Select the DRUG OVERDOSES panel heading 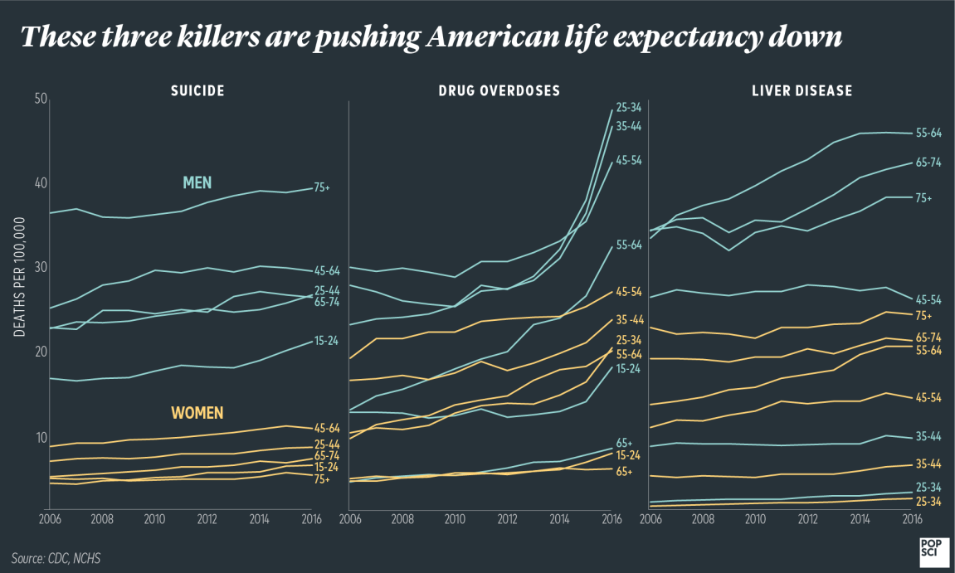pyautogui.click(x=499, y=91)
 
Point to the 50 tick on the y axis pyautogui.click(x=40, y=100)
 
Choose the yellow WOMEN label pyautogui.click(x=197, y=413)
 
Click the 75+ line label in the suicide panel pyautogui.click(x=321, y=188)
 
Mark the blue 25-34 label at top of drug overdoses pyautogui.click(x=627, y=108)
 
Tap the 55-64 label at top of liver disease pyautogui.click(x=928, y=133)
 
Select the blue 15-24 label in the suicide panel pyautogui.click(x=325, y=341)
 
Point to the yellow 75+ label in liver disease pyautogui.click(x=923, y=316)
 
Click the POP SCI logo pyautogui.click(x=928, y=548)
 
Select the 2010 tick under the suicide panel pyautogui.click(x=154, y=519)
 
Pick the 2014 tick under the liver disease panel pyautogui.click(x=860, y=519)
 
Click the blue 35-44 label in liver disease pyautogui.click(x=928, y=436)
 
